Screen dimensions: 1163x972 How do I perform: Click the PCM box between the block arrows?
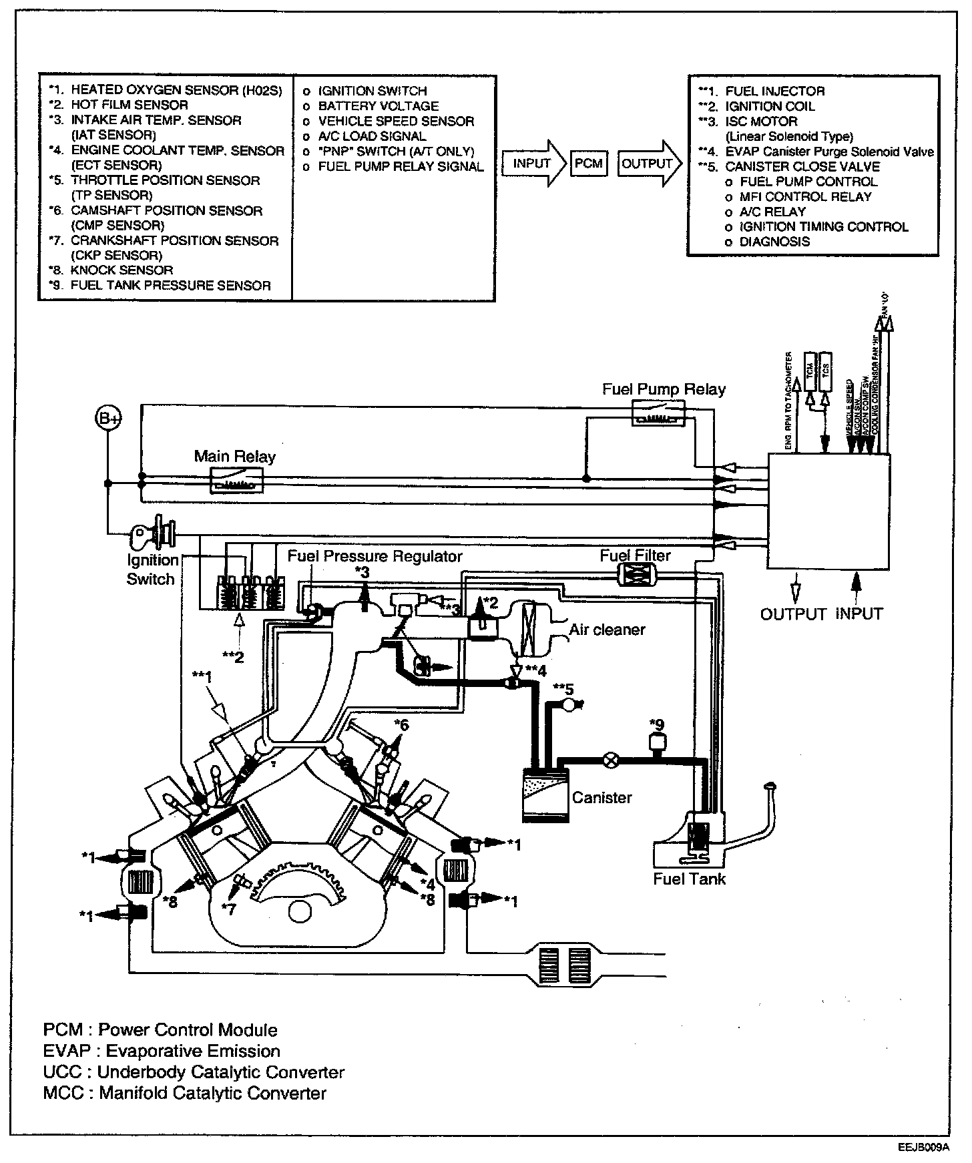(x=588, y=163)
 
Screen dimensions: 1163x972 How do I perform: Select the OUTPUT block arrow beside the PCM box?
(x=649, y=163)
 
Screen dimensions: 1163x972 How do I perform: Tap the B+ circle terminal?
(x=107, y=418)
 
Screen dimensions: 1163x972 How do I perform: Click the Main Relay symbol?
(x=236, y=480)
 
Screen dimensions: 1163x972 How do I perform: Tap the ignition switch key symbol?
(x=154, y=533)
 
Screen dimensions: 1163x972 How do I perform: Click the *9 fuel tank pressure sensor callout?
(x=657, y=724)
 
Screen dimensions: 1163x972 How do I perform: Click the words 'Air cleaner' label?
(x=607, y=630)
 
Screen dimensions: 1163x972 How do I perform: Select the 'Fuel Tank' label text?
(x=689, y=879)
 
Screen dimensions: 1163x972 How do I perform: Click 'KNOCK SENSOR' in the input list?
(x=121, y=270)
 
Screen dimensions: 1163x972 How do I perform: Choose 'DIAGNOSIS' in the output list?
(x=774, y=242)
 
